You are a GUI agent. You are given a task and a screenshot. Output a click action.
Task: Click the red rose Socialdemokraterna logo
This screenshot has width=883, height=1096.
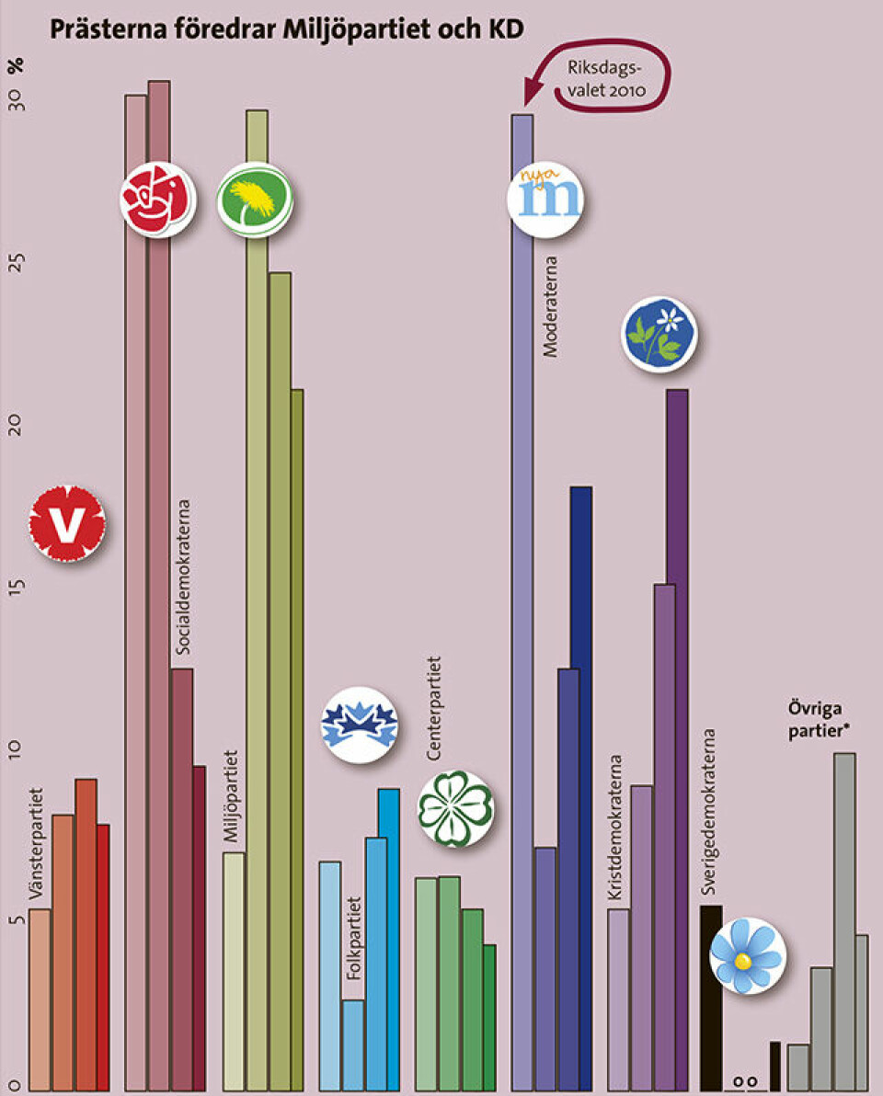pos(158,199)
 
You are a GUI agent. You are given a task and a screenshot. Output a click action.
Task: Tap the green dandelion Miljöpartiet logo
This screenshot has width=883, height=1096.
pos(255,199)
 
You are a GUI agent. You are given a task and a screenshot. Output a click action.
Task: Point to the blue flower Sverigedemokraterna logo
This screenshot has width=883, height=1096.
pos(747,955)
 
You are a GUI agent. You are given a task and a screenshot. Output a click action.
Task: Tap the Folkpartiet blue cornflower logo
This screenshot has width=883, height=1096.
pos(359,725)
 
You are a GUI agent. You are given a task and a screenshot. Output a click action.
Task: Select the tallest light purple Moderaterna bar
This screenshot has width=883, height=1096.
pos(522,598)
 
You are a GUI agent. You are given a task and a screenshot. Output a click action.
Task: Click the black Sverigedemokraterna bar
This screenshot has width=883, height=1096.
pos(711,998)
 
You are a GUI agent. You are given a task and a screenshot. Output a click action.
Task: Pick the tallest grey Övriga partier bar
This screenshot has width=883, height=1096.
pos(844,919)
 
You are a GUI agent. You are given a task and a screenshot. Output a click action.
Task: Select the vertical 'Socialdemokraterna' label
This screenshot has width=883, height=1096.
pos(184,579)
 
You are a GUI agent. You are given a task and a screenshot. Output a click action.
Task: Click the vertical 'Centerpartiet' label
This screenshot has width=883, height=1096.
pos(435,708)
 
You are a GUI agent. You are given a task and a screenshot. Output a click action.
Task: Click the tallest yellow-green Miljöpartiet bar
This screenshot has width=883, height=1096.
pos(258,598)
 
